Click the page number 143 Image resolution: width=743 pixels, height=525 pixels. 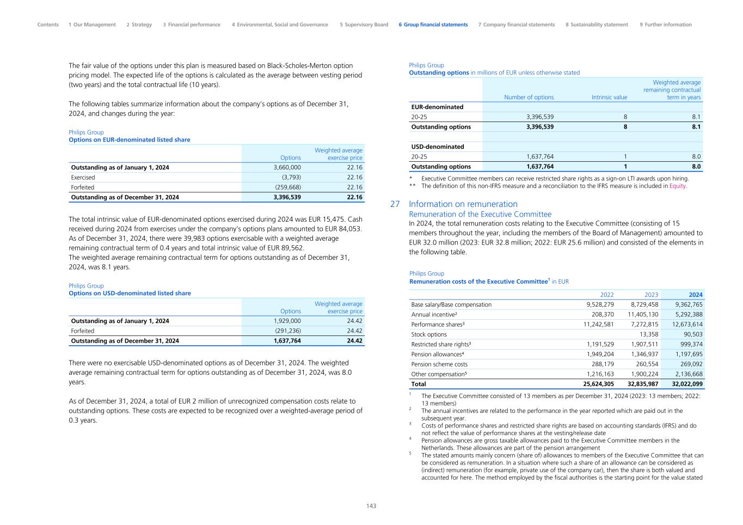coord(371,506)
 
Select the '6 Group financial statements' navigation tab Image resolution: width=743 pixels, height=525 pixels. coord(433,25)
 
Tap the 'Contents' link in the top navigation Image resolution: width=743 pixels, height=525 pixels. coord(48,25)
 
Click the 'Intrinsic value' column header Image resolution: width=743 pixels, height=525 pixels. coord(609,97)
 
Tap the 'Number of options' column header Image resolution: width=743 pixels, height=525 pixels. coord(529,97)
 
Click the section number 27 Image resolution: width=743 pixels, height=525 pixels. coord(395,204)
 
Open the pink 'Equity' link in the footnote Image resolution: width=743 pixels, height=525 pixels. coord(678,186)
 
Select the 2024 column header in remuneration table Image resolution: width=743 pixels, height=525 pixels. coord(695,295)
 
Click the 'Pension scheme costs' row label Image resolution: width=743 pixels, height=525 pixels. coord(439,364)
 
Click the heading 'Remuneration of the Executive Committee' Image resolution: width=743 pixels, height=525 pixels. coord(480,215)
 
